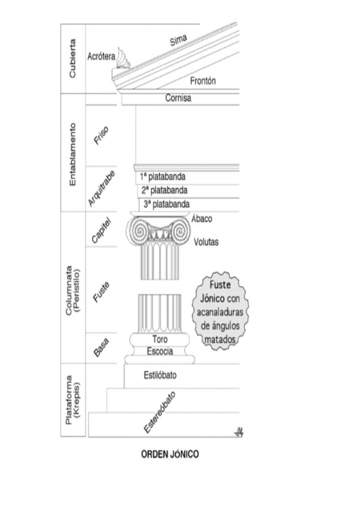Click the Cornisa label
pyautogui.click(x=178, y=98)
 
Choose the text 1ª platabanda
pyautogui.click(x=163, y=176)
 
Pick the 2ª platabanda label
pyautogui.click(x=165, y=190)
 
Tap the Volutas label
pyautogui.click(x=206, y=242)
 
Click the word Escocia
pyautogui.click(x=159, y=351)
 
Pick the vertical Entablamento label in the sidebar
pyautogui.click(x=74, y=152)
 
